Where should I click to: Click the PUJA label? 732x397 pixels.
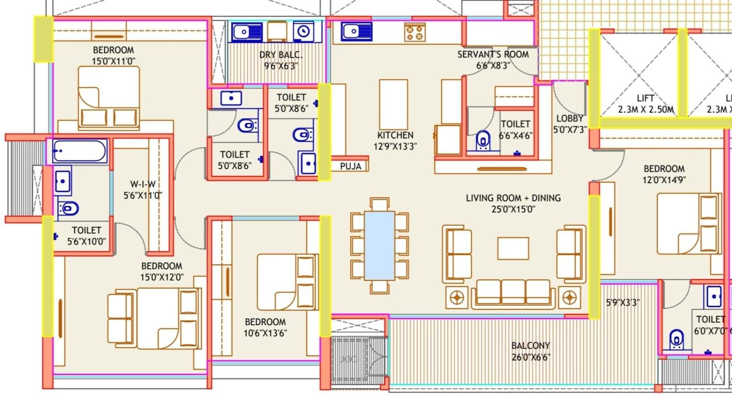(350, 166)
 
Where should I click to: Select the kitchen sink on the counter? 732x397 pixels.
(356, 32)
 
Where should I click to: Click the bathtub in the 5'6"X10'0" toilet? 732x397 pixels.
(80, 151)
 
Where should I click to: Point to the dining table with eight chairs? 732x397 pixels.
(379, 245)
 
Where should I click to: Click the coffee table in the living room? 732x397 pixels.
(513, 249)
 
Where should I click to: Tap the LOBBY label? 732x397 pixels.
(569, 118)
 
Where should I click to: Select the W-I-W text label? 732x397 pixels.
(143, 184)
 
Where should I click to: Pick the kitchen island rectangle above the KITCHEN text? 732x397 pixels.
(393, 104)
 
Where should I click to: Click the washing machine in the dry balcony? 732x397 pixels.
(303, 32)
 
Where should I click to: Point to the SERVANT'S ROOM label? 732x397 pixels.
(493, 54)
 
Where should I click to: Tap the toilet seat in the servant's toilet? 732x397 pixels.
(483, 141)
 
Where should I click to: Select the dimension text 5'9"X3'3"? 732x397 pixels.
(622, 302)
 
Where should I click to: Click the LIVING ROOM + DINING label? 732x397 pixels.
(513, 198)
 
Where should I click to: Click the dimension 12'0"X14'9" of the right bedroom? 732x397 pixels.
(664, 180)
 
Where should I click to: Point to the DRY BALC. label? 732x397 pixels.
(280, 55)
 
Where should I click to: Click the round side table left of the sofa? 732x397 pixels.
(457, 298)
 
